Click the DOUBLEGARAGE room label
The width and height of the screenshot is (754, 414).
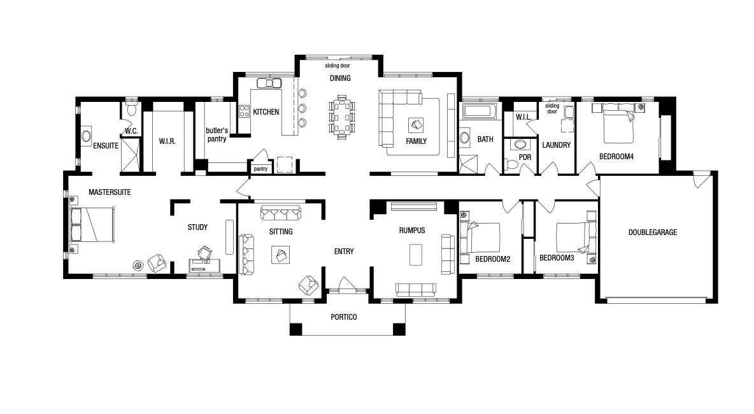[653, 232]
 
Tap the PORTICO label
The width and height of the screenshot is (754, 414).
[344, 317]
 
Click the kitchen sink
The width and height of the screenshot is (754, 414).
[269, 83]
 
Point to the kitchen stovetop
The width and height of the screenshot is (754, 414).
[244, 111]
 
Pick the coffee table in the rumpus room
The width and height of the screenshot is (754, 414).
[416, 254]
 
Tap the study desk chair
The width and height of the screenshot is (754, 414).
[205, 253]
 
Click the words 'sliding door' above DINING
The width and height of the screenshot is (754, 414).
[337, 66]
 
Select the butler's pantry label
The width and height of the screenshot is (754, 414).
[217, 134]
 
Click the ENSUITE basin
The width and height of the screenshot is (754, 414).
[86, 136]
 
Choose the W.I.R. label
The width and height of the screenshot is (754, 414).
[167, 141]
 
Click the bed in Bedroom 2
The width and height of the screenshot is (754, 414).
[480, 238]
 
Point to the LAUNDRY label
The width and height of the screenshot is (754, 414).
[557, 145]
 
